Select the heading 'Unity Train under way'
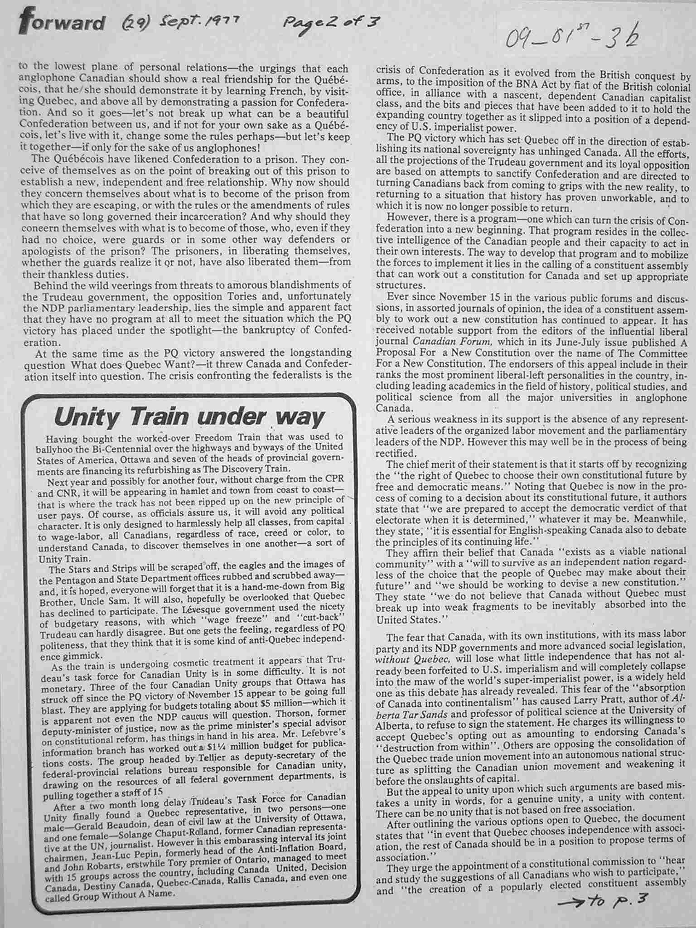click(189, 418)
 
